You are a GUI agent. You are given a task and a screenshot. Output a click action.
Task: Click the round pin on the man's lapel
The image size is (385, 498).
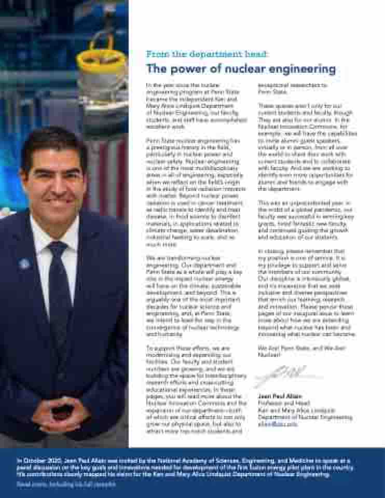pyautogui.click(x=24, y=264)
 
